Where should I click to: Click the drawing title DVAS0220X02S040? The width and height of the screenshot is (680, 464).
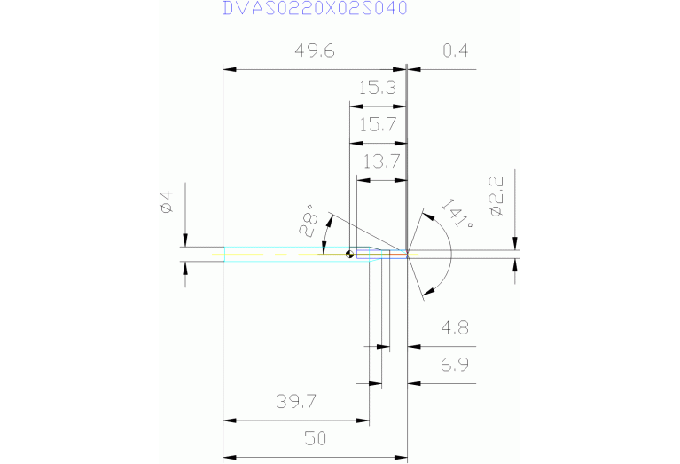(x=315, y=9)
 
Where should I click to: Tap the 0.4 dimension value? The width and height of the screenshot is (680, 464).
(x=455, y=51)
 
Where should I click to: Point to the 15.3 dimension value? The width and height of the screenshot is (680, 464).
(x=377, y=88)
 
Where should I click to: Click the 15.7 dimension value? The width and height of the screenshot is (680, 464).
(x=377, y=124)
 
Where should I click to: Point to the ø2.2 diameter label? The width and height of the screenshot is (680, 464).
(x=496, y=196)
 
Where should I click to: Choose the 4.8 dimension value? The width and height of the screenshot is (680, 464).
(x=455, y=329)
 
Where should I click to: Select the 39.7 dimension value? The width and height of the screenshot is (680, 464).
(x=296, y=402)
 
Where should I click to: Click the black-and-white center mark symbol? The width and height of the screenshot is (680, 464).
(x=350, y=254)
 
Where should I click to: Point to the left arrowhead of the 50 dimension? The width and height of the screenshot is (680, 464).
(x=228, y=457)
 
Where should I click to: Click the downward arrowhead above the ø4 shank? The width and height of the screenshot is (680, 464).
(x=185, y=240)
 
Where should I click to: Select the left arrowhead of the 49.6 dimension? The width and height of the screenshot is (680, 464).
(x=228, y=69)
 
